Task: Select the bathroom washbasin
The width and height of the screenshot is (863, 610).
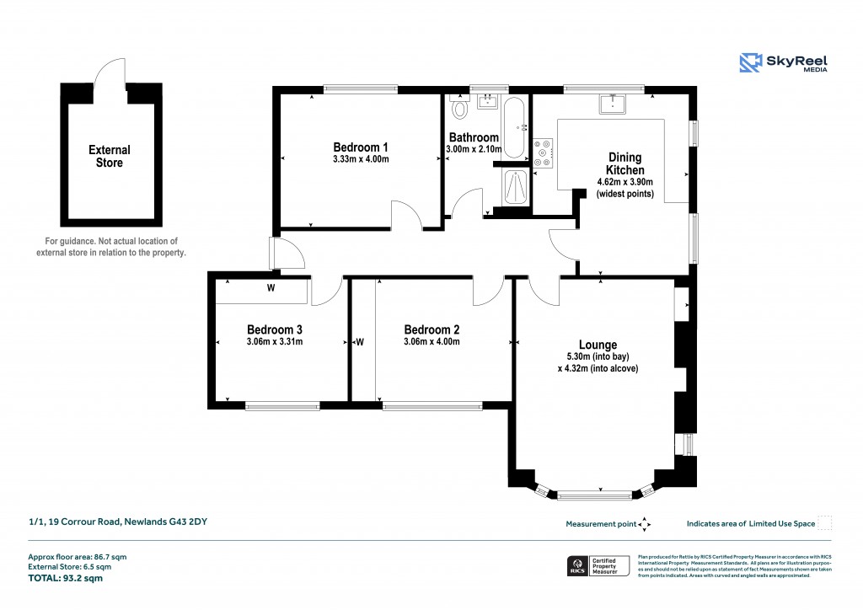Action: point(487,103)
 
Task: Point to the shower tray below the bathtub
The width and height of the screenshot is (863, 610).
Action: point(515,187)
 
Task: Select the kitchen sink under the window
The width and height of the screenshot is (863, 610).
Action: point(610,103)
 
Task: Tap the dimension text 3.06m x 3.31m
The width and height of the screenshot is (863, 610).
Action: point(275,342)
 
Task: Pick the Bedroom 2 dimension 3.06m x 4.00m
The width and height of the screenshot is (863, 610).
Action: point(431,342)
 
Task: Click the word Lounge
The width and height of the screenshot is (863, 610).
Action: point(598,345)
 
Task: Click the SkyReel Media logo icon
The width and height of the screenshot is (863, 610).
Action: point(751,62)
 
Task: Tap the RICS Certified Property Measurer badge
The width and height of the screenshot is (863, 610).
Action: point(597,565)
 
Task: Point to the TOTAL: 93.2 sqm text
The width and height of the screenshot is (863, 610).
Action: point(65,579)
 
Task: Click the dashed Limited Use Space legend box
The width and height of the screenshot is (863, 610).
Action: point(825,523)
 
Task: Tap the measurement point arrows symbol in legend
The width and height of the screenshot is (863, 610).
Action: point(645,524)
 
